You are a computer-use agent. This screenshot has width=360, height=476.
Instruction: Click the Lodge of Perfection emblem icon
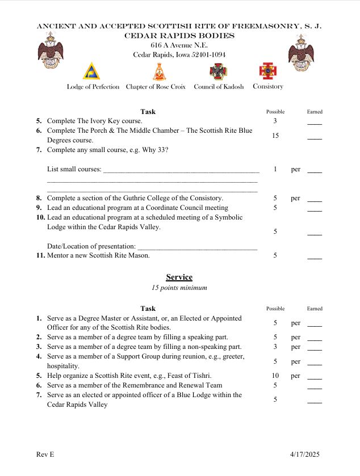pyautogui.click(x=91, y=71)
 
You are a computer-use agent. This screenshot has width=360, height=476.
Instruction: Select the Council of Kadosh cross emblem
pyautogui.click(x=218, y=71)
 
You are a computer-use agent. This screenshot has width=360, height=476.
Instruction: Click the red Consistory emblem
pyautogui.click(x=267, y=71)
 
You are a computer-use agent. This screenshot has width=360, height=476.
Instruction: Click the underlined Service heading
pyautogui.click(x=179, y=277)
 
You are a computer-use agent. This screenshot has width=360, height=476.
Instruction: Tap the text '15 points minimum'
pyautogui.click(x=179, y=288)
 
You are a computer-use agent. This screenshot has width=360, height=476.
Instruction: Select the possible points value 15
pyautogui.click(x=275, y=136)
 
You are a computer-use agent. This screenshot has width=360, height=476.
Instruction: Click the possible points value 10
pyautogui.click(x=275, y=376)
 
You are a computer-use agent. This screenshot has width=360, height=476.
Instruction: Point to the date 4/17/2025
pyautogui.click(x=305, y=454)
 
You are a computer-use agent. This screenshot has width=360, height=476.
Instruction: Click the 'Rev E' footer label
pyautogui.click(x=45, y=454)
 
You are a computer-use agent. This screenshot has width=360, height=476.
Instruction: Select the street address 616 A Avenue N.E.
pyautogui.click(x=179, y=45)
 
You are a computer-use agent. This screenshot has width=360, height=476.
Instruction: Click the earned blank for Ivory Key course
pyautogui.click(x=314, y=122)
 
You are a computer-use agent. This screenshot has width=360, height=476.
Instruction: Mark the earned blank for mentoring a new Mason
pyautogui.click(x=314, y=256)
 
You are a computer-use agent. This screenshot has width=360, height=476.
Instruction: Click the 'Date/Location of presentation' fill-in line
pyautogui.click(x=197, y=248)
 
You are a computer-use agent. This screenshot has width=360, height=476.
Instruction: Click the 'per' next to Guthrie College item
pyautogui.click(x=295, y=199)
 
